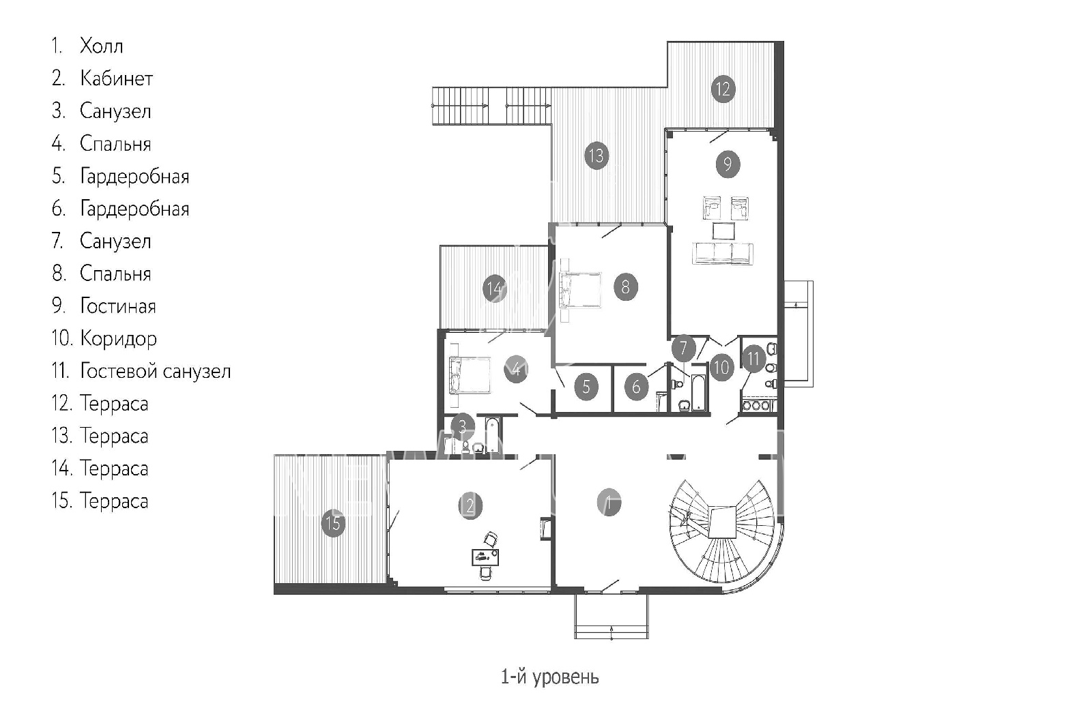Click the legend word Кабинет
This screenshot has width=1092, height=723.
coord(117,78)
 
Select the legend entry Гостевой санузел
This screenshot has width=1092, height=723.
coord(156,371)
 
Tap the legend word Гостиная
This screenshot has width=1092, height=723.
coord(118,306)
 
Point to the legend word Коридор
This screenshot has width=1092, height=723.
coord(119,339)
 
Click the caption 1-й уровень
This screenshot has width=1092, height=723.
coord(550,677)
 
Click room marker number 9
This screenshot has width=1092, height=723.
coord(728,164)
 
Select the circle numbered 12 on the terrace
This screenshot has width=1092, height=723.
coord(723,89)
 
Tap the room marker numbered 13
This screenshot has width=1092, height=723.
coord(597,156)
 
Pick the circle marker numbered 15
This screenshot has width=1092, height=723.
coord(333,524)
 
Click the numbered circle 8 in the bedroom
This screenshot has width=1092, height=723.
coord(625,287)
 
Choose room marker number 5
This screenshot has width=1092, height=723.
coord(586,387)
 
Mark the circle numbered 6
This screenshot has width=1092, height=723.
coord(636,387)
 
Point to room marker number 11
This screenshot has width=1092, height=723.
coord(753,359)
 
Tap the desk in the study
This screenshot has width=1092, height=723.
coord(485,557)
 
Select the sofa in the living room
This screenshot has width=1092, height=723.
coord(723,254)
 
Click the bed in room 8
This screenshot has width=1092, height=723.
coord(580,291)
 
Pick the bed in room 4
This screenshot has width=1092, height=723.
coord(470,374)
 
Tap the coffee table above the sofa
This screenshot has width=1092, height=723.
coord(723,231)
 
